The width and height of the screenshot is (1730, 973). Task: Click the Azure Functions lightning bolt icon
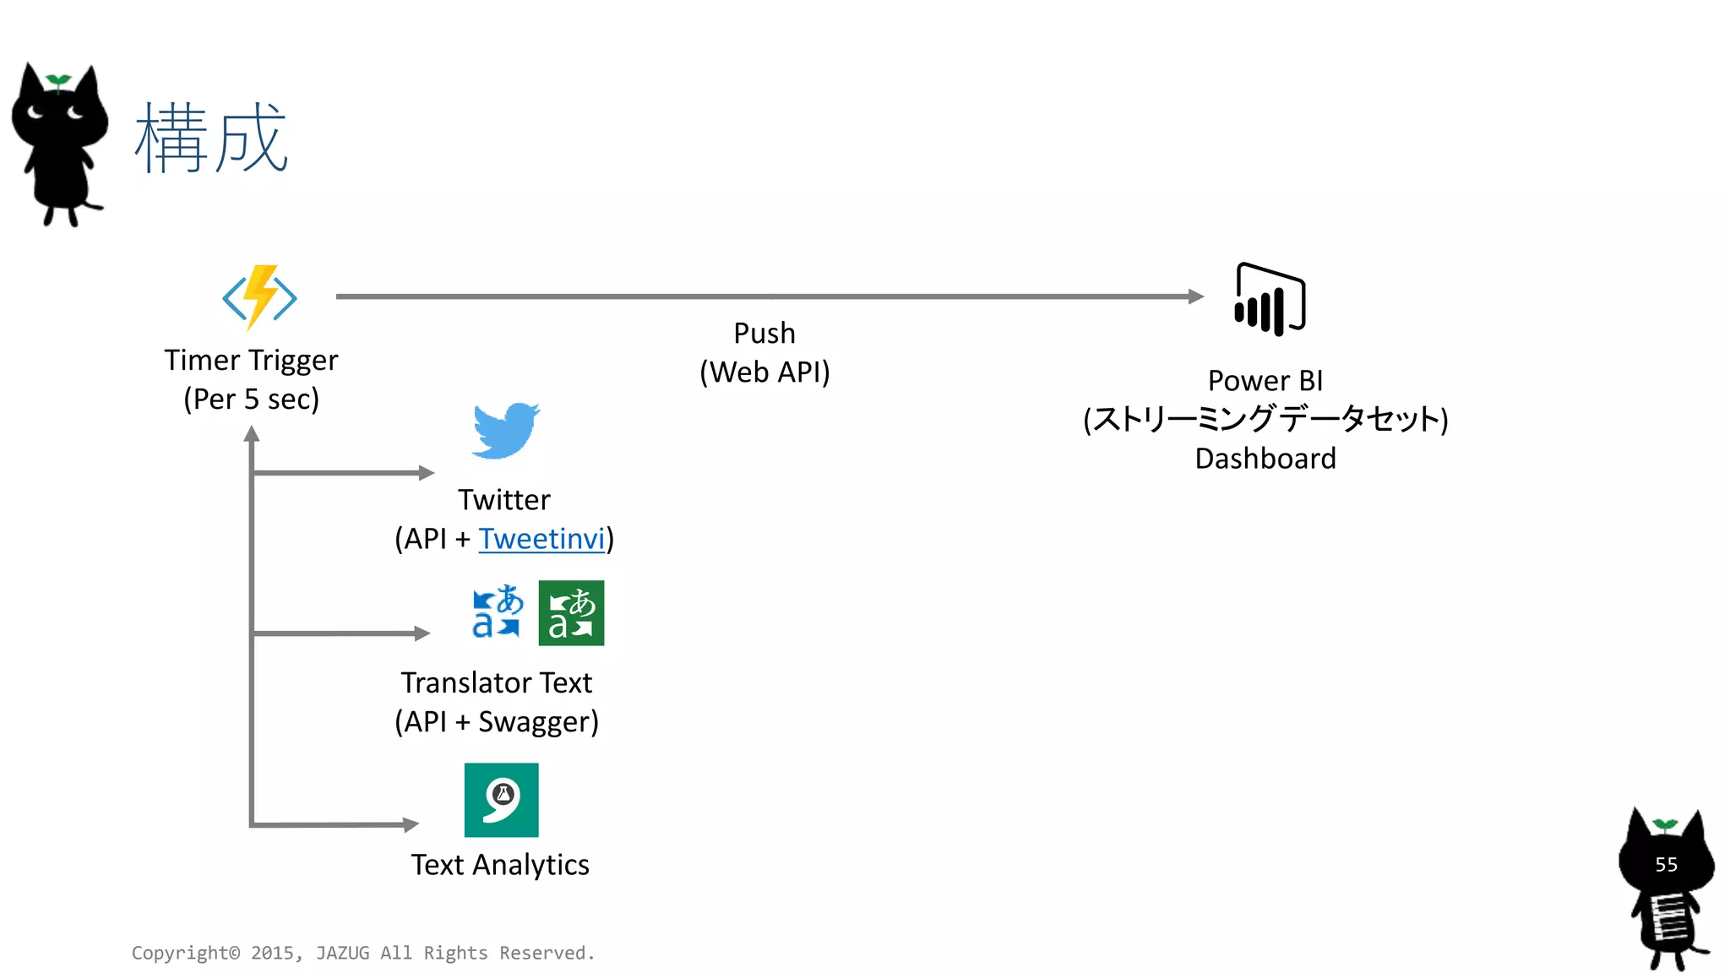(259, 297)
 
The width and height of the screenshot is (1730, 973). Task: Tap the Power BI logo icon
(1270, 300)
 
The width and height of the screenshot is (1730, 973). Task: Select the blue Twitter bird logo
(505, 431)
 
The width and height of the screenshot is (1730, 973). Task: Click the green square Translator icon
(571, 613)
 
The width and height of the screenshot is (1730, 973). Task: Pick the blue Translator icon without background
(497, 611)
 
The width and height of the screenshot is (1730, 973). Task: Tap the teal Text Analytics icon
(501, 800)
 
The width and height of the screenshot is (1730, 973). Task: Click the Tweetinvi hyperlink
(541, 539)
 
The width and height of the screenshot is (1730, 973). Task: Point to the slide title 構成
(211, 139)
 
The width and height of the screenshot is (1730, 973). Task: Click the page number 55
(1666, 865)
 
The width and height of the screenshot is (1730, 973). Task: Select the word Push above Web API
(764, 334)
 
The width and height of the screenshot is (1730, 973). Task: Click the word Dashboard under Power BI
(1265, 459)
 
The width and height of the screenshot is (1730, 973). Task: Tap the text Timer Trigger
(251, 361)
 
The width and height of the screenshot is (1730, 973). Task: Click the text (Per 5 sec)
(251, 399)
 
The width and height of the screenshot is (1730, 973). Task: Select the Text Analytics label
(500, 865)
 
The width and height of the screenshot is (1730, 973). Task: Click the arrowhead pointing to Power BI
(1195, 296)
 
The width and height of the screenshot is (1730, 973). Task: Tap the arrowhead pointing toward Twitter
(427, 473)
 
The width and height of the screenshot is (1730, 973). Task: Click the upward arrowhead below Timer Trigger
(252, 434)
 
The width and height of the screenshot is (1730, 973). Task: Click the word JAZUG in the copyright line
(342, 953)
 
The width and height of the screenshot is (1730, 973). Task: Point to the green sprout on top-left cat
(58, 81)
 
